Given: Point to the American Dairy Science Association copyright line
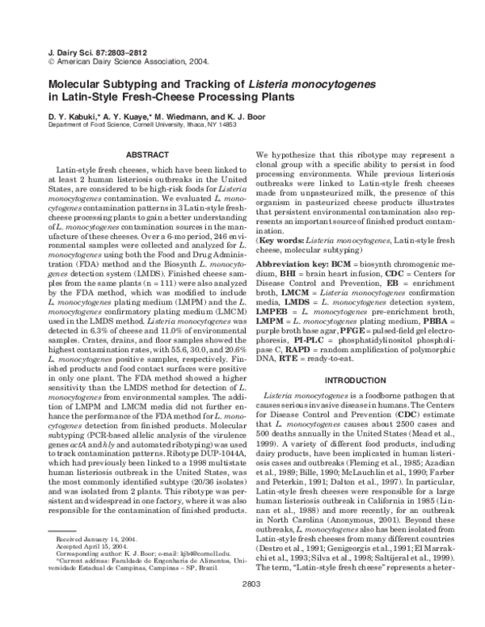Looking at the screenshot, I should pyautogui.click(x=115, y=60).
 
